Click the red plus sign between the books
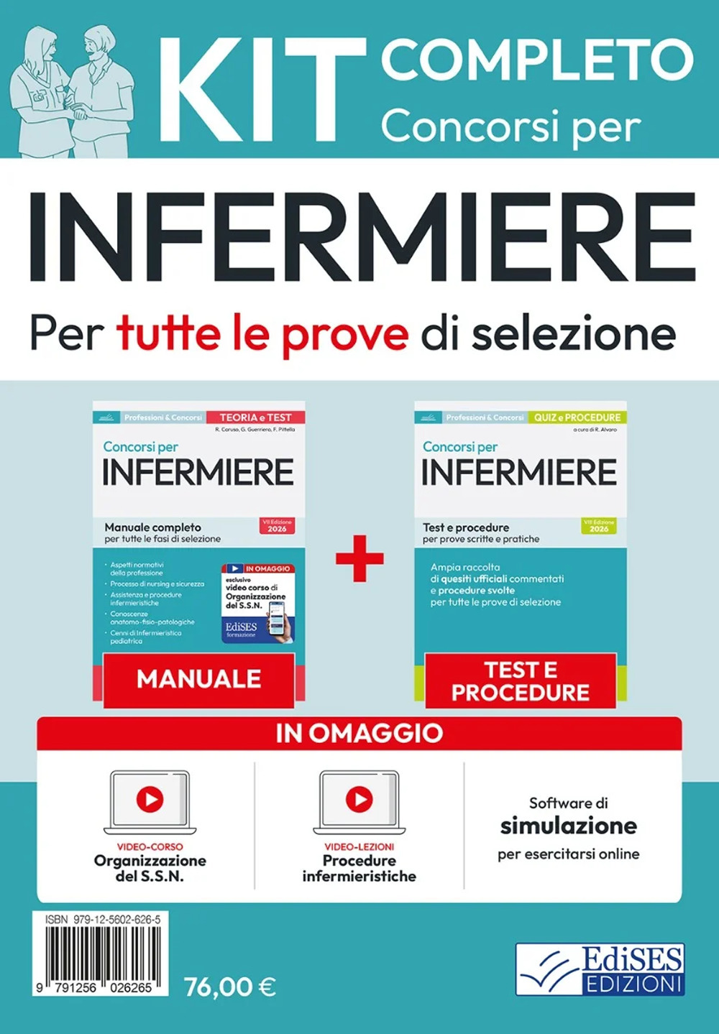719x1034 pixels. pyautogui.click(x=359, y=558)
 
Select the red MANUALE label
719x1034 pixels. pyautogui.click(x=198, y=679)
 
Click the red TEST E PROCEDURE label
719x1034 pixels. pyautogui.click(x=521, y=680)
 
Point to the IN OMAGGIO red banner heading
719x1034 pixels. pyautogui.click(x=359, y=733)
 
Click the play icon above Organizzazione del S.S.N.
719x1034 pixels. pyautogui.click(x=150, y=799)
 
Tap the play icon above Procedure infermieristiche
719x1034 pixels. pyautogui.click(x=359, y=799)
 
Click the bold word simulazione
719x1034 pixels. pyautogui.click(x=569, y=826)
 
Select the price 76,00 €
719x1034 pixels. pyautogui.click(x=230, y=987)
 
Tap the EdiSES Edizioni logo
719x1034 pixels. pyautogui.click(x=601, y=969)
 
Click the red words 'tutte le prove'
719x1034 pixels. pyautogui.click(x=262, y=333)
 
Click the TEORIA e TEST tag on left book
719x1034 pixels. pyautogui.click(x=255, y=417)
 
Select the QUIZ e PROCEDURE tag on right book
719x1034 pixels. pyautogui.click(x=577, y=417)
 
